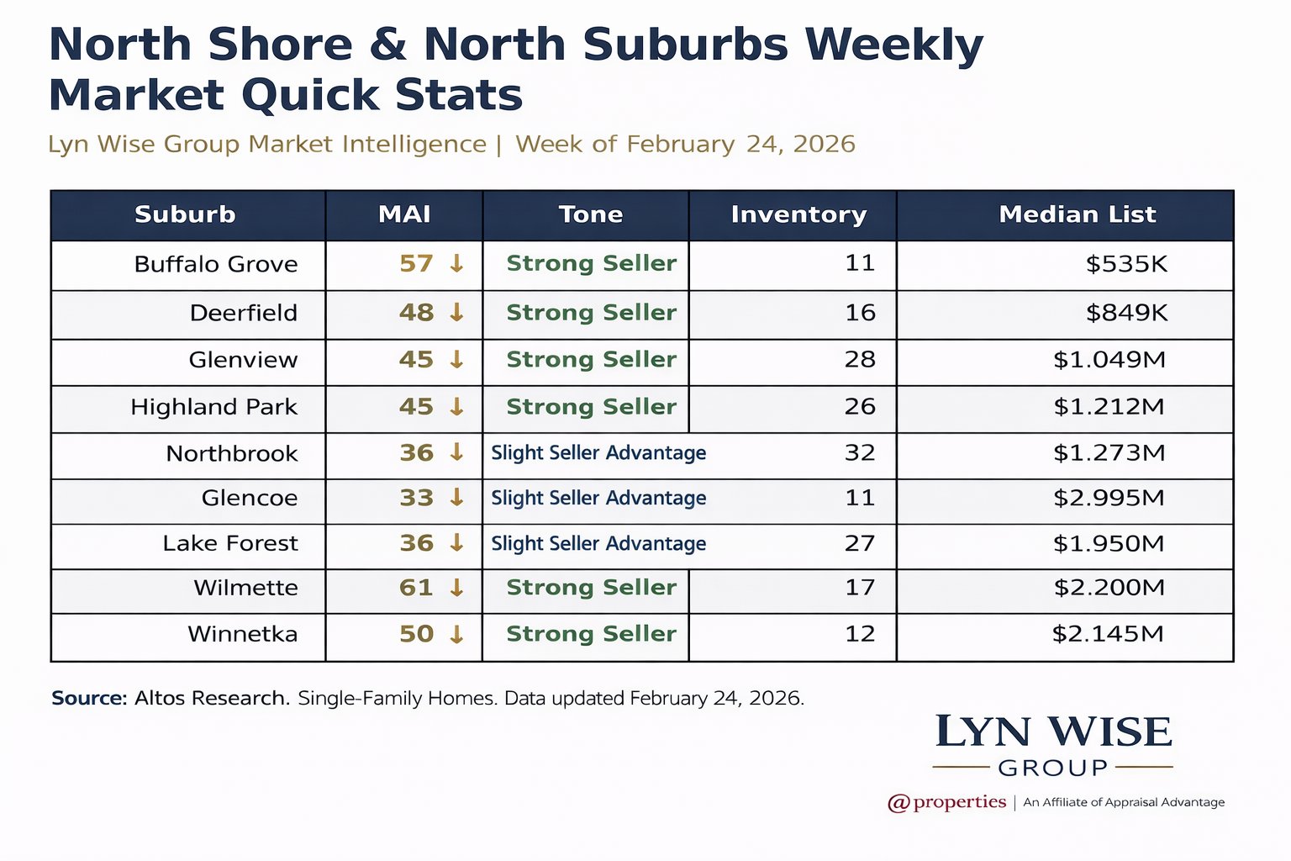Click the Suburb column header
pyautogui.click(x=185, y=214)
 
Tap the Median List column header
pyautogui.click(x=1077, y=214)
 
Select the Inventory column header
pyautogui.click(x=798, y=214)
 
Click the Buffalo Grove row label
pyautogui.click(x=216, y=264)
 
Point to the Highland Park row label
pyautogui.click(x=213, y=407)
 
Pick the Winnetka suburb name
pyautogui.click(x=242, y=634)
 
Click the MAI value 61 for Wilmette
pyautogui.click(x=416, y=588)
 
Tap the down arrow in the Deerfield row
pyautogui.click(x=456, y=313)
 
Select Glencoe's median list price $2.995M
pyautogui.click(x=1109, y=498)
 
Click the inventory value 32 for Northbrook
pyautogui.click(x=860, y=453)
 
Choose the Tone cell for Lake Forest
pyautogui.click(x=598, y=544)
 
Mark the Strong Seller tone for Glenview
pyautogui.click(x=591, y=360)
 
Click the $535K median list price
pyautogui.click(x=1126, y=264)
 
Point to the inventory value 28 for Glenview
pyautogui.click(x=860, y=360)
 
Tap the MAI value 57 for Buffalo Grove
pyautogui.click(x=416, y=264)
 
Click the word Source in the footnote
pyautogui.click(x=88, y=698)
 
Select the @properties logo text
pyautogui.click(x=947, y=802)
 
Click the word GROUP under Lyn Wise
pyautogui.click(x=1053, y=768)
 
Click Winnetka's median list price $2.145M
pyautogui.click(x=1108, y=634)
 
